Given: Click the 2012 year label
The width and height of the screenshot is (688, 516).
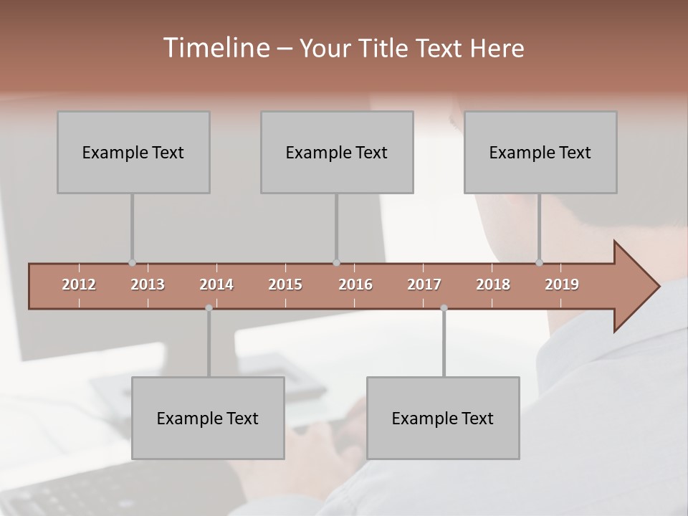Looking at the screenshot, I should (x=79, y=285).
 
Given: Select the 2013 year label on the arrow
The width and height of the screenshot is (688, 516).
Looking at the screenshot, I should (x=148, y=285).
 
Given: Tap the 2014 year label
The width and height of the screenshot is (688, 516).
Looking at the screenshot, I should (x=216, y=285).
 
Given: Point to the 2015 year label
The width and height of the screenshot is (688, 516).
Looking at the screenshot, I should (x=285, y=285).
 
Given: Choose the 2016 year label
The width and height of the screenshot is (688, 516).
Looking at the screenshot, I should (x=355, y=285).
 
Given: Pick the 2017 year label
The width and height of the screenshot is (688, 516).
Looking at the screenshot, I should (x=424, y=285).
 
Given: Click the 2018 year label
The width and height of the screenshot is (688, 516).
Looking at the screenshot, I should (x=493, y=285).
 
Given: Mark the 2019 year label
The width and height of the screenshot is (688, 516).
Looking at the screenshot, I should (x=562, y=285).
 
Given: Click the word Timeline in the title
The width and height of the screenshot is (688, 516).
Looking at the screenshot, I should (x=216, y=48).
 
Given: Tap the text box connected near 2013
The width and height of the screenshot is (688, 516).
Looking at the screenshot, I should (x=133, y=152).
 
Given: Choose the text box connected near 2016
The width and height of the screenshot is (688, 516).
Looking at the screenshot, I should (x=337, y=152).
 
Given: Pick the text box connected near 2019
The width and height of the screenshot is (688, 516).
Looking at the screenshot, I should (x=540, y=152).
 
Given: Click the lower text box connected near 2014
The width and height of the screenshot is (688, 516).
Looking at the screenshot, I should (x=208, y=418).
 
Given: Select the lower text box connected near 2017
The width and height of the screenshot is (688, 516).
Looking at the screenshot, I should (x=443, y=418).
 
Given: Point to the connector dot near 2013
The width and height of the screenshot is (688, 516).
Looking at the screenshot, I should (x=132, y=263).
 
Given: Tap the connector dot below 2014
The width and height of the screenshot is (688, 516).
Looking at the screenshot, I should (x=209, y=308).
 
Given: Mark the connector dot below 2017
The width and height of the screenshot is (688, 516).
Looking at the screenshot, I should (x=444, y=308).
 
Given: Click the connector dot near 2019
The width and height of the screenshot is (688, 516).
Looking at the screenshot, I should (x=539, y=263).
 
